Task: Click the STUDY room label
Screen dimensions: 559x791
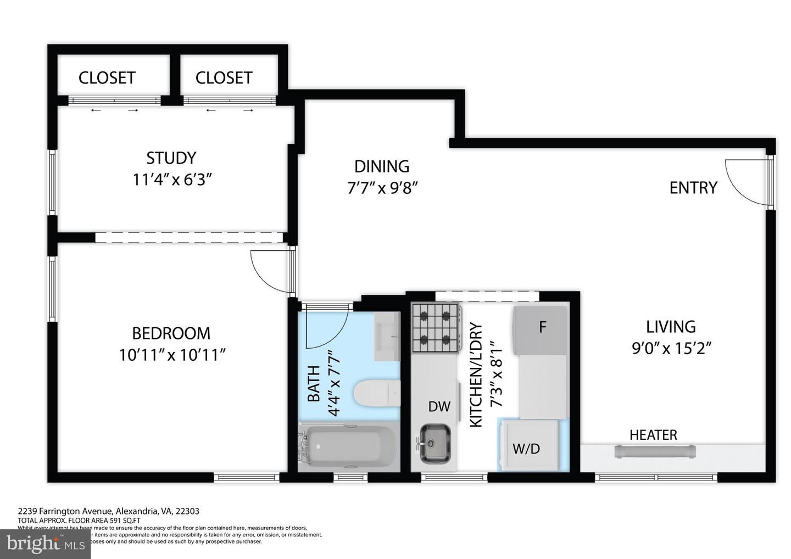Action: click(171, 158)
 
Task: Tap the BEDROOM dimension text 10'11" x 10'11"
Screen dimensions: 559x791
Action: click(172, 355)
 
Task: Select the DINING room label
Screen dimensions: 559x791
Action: click(382, 166)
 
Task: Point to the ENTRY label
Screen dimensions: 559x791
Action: click(693, 188)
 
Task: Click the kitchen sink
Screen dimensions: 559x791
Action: click(436, 443)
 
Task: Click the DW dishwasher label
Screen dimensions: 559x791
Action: click(439, 407)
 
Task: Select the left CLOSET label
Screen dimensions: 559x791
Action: click(107, 78)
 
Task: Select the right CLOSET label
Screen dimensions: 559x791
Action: click(224, 78)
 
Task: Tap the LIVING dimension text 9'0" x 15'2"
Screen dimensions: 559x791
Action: click(671, 349)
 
